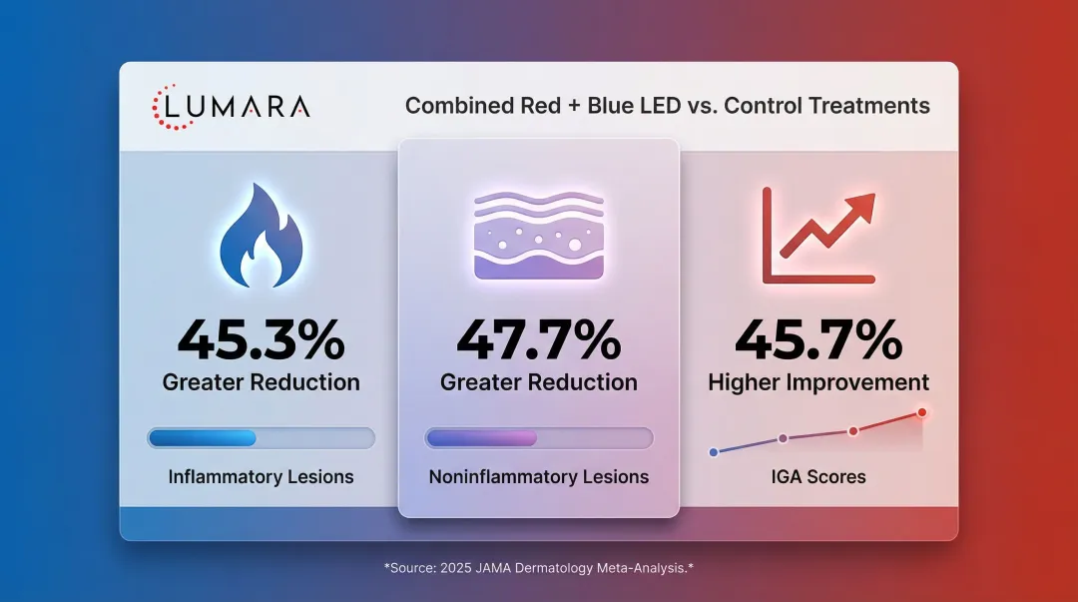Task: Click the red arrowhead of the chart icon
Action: [x=860, y=206]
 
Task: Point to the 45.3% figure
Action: [x=261, y=339]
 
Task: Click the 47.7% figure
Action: [x=539, y=339]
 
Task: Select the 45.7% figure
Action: [x=818, y=339]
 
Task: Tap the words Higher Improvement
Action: [x=818, y=382]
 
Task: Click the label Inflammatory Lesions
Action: [x=261, y=477]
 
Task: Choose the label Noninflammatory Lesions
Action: [x=539, y=477]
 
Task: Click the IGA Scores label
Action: [x=818, y=477]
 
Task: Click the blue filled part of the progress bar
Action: [x=203, y=438]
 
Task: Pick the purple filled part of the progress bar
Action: [x=481, y=438]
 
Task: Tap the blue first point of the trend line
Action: [x=714, y=452]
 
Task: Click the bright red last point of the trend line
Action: [x=921, y=412]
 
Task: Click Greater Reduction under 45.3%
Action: [x=261, y=382]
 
